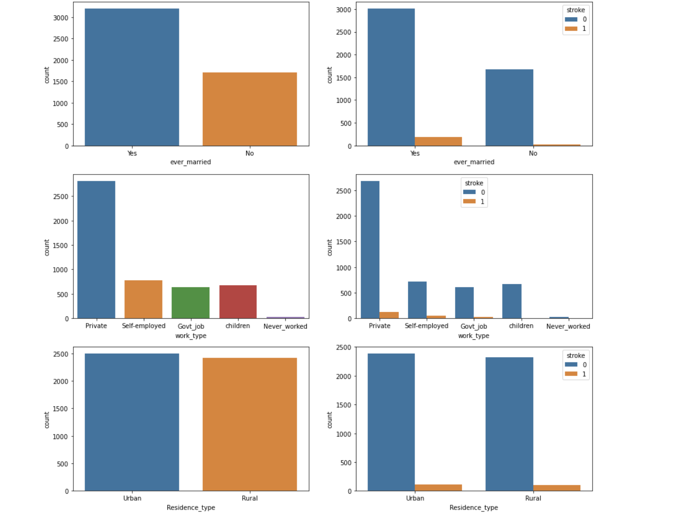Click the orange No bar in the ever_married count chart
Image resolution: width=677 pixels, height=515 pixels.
[250, 109]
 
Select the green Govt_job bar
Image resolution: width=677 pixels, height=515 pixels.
[190, 302]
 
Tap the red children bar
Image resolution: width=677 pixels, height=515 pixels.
[238, 302]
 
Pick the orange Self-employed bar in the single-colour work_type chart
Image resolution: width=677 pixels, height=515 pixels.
[143, 299]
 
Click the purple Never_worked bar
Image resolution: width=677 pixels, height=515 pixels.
[285, 318]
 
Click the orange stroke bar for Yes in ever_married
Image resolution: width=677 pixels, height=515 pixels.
[438, 142]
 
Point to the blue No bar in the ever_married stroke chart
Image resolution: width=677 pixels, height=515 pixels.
[509, 107]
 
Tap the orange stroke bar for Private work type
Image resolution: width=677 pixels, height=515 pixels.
[389, 315]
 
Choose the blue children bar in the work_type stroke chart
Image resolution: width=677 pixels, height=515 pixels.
[511, 301]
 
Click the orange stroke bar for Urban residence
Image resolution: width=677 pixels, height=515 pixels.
[438, 487]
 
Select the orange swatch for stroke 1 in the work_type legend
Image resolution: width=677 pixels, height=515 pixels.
[469, 202]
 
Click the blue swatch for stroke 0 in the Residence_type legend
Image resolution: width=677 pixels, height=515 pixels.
[571, 365]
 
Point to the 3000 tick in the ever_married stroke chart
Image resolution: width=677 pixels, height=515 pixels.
[344, 10]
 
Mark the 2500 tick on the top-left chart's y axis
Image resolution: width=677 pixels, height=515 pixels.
[61, 39]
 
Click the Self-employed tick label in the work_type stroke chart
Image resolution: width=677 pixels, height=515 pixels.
[427, 326]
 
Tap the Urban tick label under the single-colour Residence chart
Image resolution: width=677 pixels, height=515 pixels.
[132, 498]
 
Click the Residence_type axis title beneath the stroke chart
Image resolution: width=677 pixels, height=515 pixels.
[473, 507]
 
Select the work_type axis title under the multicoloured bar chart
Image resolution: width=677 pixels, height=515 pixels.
[190, 335]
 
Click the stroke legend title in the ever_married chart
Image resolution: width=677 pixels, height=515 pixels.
[576, 10]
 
